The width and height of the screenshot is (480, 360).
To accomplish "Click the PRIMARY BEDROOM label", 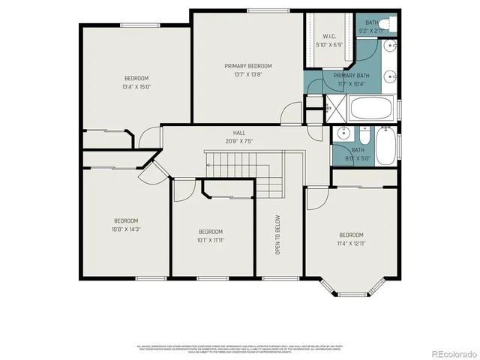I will (x=248, y=66).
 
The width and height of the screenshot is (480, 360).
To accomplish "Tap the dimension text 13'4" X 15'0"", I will (x=136, y=87).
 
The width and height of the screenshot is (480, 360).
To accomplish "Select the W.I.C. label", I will (x=328, y=36).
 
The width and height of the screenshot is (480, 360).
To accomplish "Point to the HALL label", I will (x=238, y=132).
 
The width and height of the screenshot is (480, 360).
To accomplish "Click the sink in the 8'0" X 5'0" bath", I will (x=343, y=135).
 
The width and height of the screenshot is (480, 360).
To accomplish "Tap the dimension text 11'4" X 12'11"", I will (x=350, y=244).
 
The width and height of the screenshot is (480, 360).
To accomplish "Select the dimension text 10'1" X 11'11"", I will (x=210, y=241).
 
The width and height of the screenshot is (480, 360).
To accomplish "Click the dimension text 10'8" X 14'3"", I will (x=126, y=229).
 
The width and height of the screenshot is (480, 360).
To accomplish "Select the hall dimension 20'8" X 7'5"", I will (x=238, y=140).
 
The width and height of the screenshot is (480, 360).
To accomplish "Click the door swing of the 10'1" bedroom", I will (x=181, y=191).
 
